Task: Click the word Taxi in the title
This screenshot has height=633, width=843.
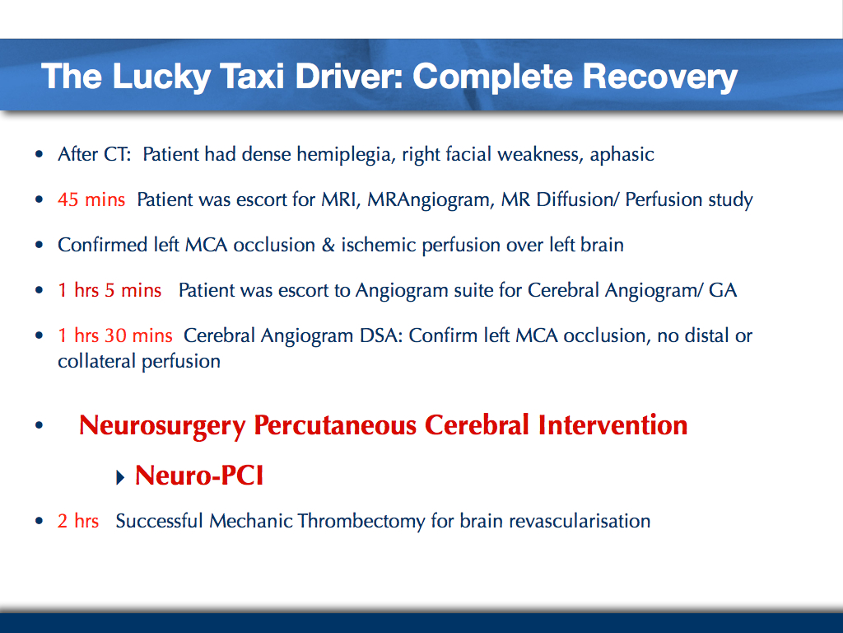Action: (x=252, y=77)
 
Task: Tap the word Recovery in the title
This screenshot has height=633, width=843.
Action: (x=659, y=77)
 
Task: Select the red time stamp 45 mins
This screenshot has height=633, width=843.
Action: (x=91, y=199)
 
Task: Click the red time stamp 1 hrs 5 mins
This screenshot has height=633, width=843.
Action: (x=109, y=290)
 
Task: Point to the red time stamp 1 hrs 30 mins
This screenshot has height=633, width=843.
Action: (x=115, y=335)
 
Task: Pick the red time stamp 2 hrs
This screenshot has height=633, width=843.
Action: (x=78, y=521)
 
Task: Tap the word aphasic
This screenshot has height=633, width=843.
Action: (x=622, y=155)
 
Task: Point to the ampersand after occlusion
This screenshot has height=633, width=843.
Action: (x=328, y=246)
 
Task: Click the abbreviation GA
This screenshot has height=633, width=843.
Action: (x=723, y=291)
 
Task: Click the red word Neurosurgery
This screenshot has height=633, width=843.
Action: (x=162, y=426)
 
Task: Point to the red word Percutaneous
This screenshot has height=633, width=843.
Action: (x=335, y=426)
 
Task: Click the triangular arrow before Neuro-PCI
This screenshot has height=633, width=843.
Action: (x=120, y=477)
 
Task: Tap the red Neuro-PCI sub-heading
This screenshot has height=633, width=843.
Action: (x=199, y=476)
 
